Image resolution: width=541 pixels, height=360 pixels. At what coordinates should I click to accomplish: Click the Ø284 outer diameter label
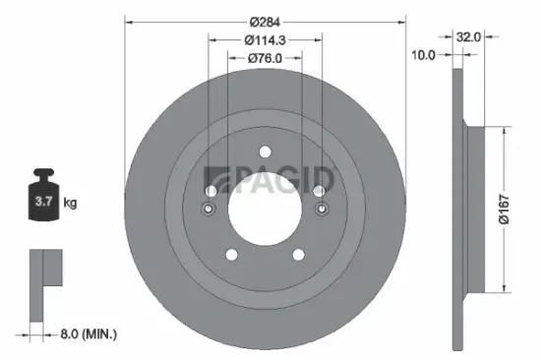point(263,22)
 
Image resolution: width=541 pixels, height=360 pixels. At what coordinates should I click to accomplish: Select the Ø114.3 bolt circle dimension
point(263,40)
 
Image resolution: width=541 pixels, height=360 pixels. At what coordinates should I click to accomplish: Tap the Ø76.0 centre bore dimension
point(263,58)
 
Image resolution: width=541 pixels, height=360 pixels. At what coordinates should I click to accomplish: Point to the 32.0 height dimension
point(468,36)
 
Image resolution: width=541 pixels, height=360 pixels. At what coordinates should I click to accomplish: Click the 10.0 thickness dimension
point(423,55)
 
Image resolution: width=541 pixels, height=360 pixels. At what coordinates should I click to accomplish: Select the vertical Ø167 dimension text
point(503,207)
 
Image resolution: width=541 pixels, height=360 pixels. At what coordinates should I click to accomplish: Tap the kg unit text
point(70,203)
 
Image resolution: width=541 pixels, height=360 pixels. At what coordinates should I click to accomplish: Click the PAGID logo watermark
point(269,181)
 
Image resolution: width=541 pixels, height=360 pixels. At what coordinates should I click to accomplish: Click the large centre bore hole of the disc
point(264,208)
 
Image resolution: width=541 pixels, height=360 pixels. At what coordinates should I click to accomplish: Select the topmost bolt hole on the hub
point(264,150)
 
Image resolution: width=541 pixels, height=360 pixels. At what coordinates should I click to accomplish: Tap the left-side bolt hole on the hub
point(208,209)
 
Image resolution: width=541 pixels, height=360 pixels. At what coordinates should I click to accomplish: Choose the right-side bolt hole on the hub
point(321,209)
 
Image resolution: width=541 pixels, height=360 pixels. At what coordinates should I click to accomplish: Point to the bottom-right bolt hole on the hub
point(297,256)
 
